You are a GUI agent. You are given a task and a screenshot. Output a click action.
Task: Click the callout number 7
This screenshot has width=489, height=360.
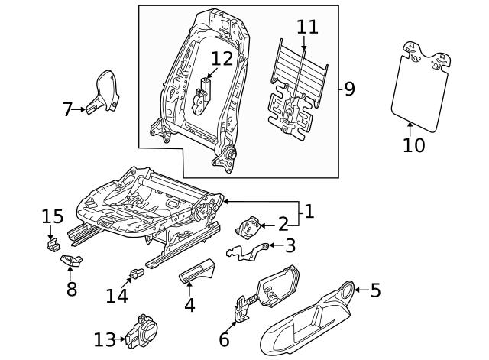click(67, 110)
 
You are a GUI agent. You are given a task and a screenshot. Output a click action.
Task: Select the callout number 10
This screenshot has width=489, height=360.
click(413, 144)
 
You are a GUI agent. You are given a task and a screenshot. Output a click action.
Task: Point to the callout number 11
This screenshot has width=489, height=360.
click(307, 27)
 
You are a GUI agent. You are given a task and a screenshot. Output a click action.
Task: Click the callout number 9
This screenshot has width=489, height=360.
click(349, 89)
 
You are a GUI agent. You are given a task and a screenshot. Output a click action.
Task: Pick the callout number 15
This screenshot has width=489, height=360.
click(52, 218)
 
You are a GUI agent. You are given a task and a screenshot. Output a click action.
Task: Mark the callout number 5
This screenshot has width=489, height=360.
click(375, 290)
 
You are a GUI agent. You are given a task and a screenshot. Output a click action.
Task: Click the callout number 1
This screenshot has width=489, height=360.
click(309, 212)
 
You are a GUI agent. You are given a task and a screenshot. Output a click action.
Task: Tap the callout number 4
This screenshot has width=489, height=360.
click(189, 304)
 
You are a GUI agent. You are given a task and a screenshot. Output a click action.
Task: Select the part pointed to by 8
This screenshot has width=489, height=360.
click(71, 261)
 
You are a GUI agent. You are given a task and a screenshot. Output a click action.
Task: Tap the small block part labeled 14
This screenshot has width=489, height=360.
click(136, 271)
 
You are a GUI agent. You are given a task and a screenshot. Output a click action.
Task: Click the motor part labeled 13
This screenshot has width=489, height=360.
click(142, 332)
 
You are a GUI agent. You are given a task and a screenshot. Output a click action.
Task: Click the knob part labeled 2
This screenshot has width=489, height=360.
click(248, 227)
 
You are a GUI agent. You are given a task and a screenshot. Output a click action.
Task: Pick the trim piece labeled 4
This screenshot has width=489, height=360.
click(198, 271)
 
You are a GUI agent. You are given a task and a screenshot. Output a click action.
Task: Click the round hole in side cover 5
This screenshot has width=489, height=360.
click(345, 290)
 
